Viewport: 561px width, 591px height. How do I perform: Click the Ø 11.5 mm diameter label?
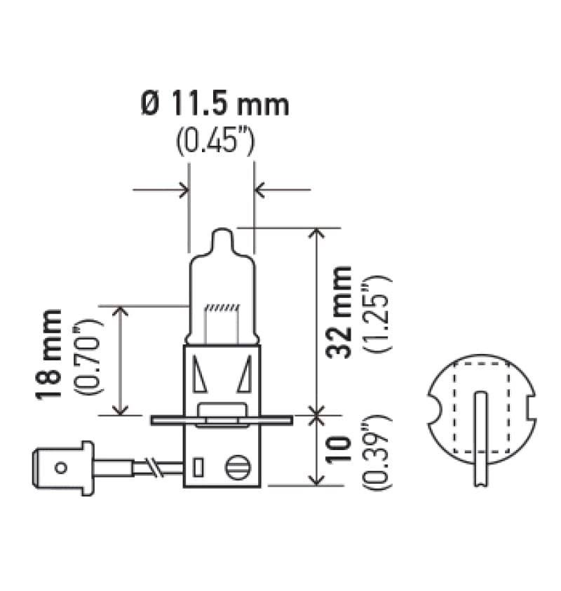click(x=215, y=105)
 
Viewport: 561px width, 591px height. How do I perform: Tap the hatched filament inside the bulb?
click(x=222, y=308)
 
